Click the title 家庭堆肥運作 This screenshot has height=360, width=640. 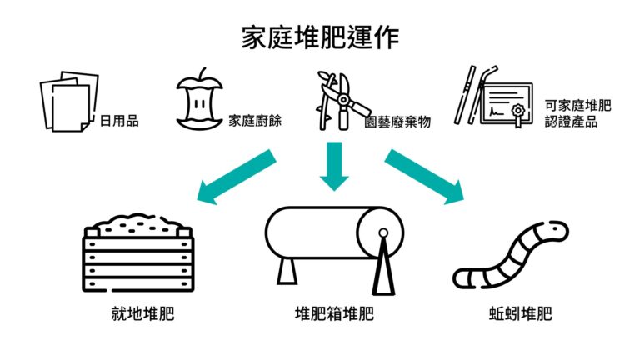click(x=320, y=37)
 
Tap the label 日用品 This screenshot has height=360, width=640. click(x=119, y=122)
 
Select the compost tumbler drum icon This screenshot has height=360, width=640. click(x=334, y=244)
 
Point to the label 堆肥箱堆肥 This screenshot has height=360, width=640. click(x=335, y=315)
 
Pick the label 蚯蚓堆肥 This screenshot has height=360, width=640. click(x=520, y=315)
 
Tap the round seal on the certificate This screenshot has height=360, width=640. click(x=518, y=111)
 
